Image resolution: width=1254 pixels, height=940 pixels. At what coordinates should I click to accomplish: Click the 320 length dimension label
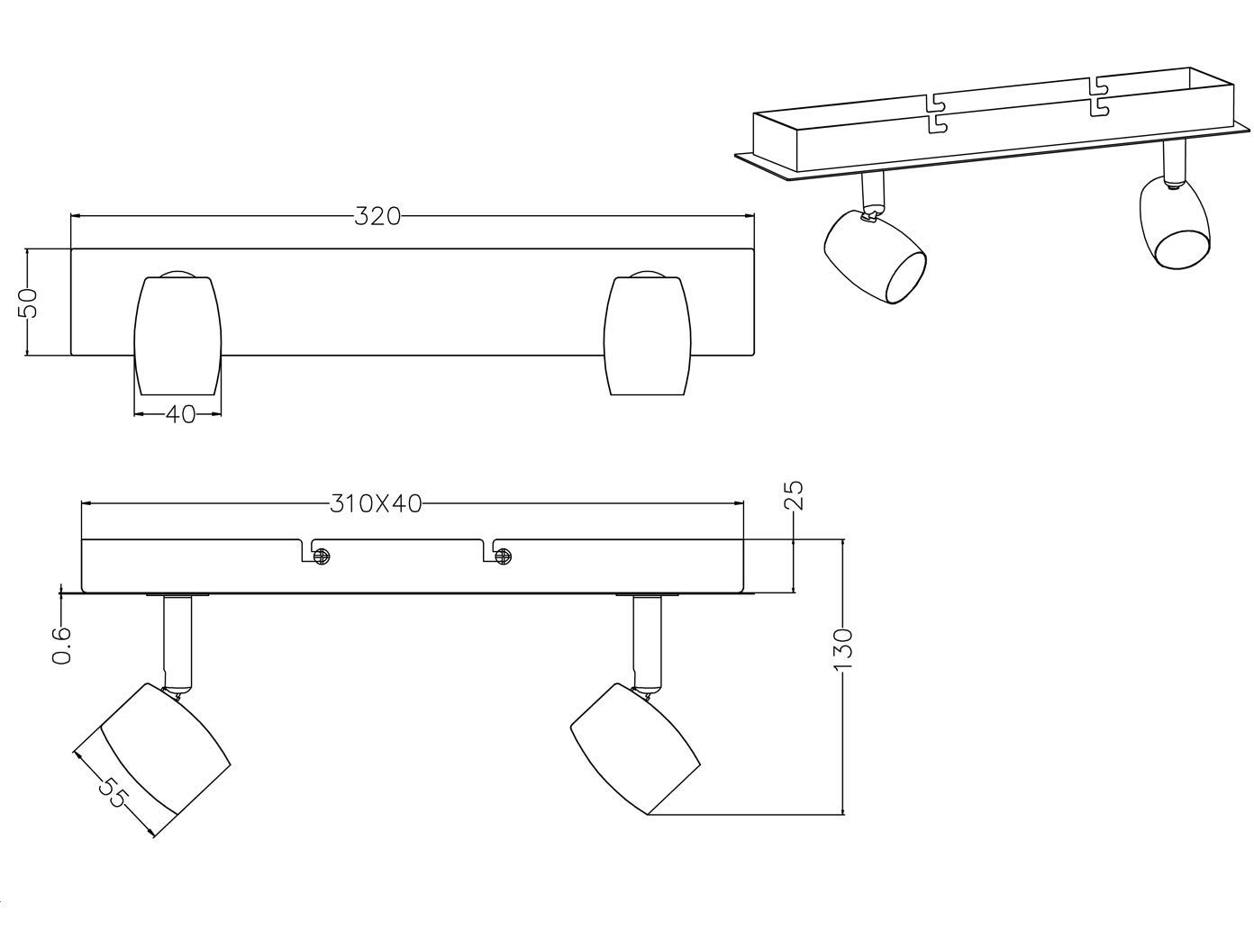point(377,217)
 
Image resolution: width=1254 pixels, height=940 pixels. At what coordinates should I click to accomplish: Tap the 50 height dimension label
point(28,303)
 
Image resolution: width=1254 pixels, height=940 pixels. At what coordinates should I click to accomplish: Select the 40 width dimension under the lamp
point(181,415)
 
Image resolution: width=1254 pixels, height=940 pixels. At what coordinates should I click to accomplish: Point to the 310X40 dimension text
point(376,504)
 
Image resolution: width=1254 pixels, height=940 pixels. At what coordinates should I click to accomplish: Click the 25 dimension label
point(794,495)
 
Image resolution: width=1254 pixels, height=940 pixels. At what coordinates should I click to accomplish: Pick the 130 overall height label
point(843,650)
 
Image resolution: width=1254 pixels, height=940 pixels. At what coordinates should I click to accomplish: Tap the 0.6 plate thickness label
point(61,646)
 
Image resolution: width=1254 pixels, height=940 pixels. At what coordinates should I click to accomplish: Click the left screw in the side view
point(322,556)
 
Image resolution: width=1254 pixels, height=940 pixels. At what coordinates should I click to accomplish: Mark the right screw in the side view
point(503,556)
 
